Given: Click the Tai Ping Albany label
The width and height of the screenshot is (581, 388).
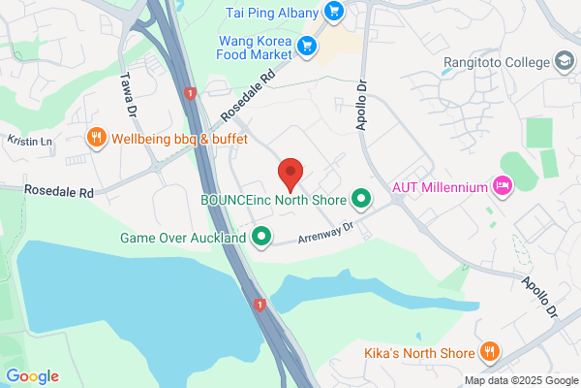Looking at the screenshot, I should (x=272, y=12).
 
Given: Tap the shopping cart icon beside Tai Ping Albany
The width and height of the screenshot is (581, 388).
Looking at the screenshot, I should (x=334, y=12).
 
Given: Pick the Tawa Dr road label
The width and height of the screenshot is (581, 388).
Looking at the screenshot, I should (x=126, y=95).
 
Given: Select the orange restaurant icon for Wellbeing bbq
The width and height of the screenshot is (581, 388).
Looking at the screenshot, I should (x=96, y=139).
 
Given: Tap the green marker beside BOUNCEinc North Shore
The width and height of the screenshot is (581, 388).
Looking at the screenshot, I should (x=362, y=201).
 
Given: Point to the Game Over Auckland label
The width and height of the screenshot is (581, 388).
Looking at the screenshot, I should (x=183, y=238).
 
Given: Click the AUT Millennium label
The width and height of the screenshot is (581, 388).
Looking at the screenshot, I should (x=439, y=185).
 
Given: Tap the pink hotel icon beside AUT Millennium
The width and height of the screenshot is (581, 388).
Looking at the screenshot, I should (x=502, y=184).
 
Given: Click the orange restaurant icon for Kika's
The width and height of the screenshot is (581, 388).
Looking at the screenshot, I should (x=490, y=353).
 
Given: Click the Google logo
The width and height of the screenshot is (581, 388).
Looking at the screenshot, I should (x=32, y=376).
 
